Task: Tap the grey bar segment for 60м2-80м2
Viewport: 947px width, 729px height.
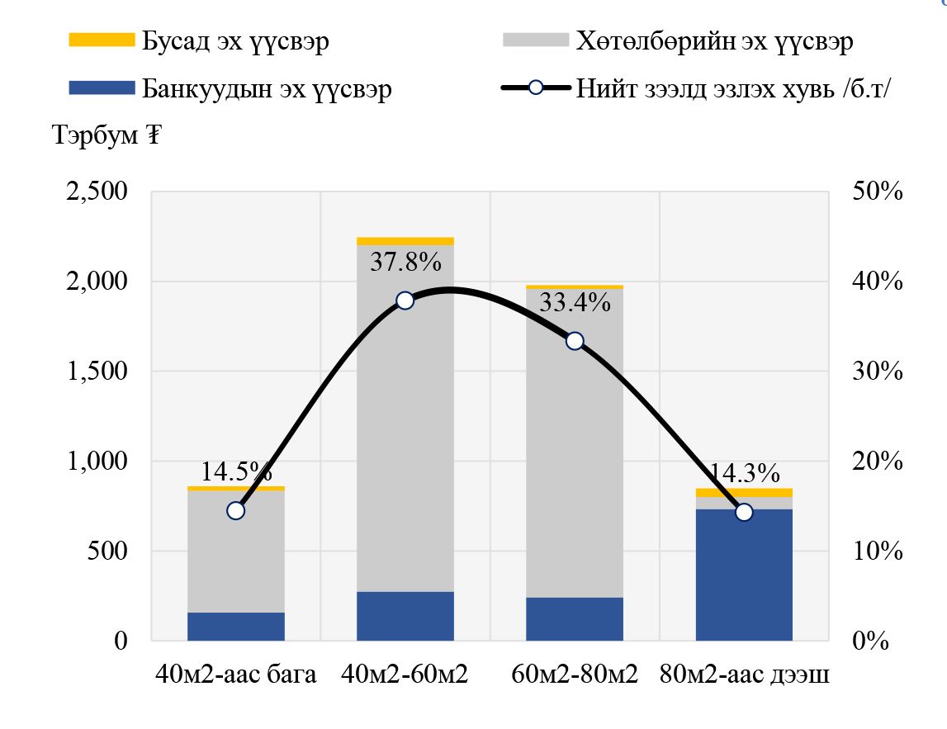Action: tap(575, 462)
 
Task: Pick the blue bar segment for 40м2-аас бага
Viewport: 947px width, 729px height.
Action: tap(236, 627)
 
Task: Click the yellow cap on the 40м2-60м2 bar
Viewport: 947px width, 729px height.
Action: tap(405, 241)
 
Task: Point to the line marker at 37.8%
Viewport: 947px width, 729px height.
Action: tap(405, 301)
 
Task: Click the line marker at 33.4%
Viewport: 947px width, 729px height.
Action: tap(575, 341)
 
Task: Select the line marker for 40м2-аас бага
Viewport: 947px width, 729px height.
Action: tap(236, 510)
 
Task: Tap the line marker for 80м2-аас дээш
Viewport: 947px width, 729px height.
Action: tap(744, 512)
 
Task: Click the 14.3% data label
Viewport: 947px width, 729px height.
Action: tap(743, 473)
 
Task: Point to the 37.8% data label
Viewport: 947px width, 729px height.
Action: tap(405, 262)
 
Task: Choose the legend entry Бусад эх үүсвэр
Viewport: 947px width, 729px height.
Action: tap(235, 40)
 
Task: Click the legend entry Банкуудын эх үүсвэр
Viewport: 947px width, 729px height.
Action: tap(266, 88)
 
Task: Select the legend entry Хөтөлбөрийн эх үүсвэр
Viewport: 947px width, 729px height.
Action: tap(715, 40)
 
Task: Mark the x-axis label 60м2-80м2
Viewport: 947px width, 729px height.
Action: tap(575, 675)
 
